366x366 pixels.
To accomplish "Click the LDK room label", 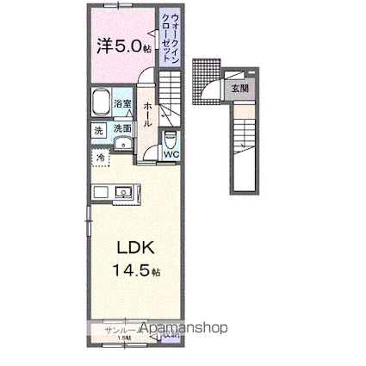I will click(x=135, y=248).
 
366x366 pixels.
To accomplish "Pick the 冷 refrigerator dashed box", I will click(x=102, y=158).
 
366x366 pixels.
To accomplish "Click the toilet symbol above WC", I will click(x=169, y=139).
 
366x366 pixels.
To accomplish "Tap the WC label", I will click(x=170, y=156).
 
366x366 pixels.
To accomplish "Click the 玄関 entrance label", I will click(x=238, y=89).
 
